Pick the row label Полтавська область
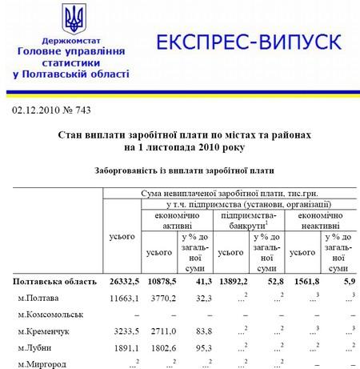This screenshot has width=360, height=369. (53, 282)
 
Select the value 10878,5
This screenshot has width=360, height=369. (159, 282)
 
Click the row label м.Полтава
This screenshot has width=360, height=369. (42, 298)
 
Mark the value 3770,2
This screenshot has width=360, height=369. (161, 298)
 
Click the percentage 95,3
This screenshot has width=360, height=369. (199, 347)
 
